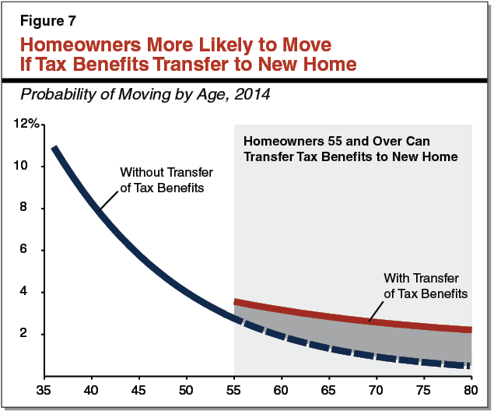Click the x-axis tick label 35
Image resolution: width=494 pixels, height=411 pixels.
(x=44, y=389)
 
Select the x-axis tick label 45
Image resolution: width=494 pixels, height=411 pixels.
(x=138, y=389)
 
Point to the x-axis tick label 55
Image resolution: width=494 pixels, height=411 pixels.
(x=233, y=389)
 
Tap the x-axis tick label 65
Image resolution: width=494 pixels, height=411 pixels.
(x=328, y=389)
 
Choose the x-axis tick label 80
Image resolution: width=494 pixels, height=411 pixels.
(x=470, y=389)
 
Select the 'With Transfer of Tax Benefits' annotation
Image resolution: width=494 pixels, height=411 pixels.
(x=425, y=286)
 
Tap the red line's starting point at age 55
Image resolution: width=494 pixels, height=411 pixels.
(x=235, y=302)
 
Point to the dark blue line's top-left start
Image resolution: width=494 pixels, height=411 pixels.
(x=53, y=147)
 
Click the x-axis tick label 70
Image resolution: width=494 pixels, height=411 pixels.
(x=376, y=389)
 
